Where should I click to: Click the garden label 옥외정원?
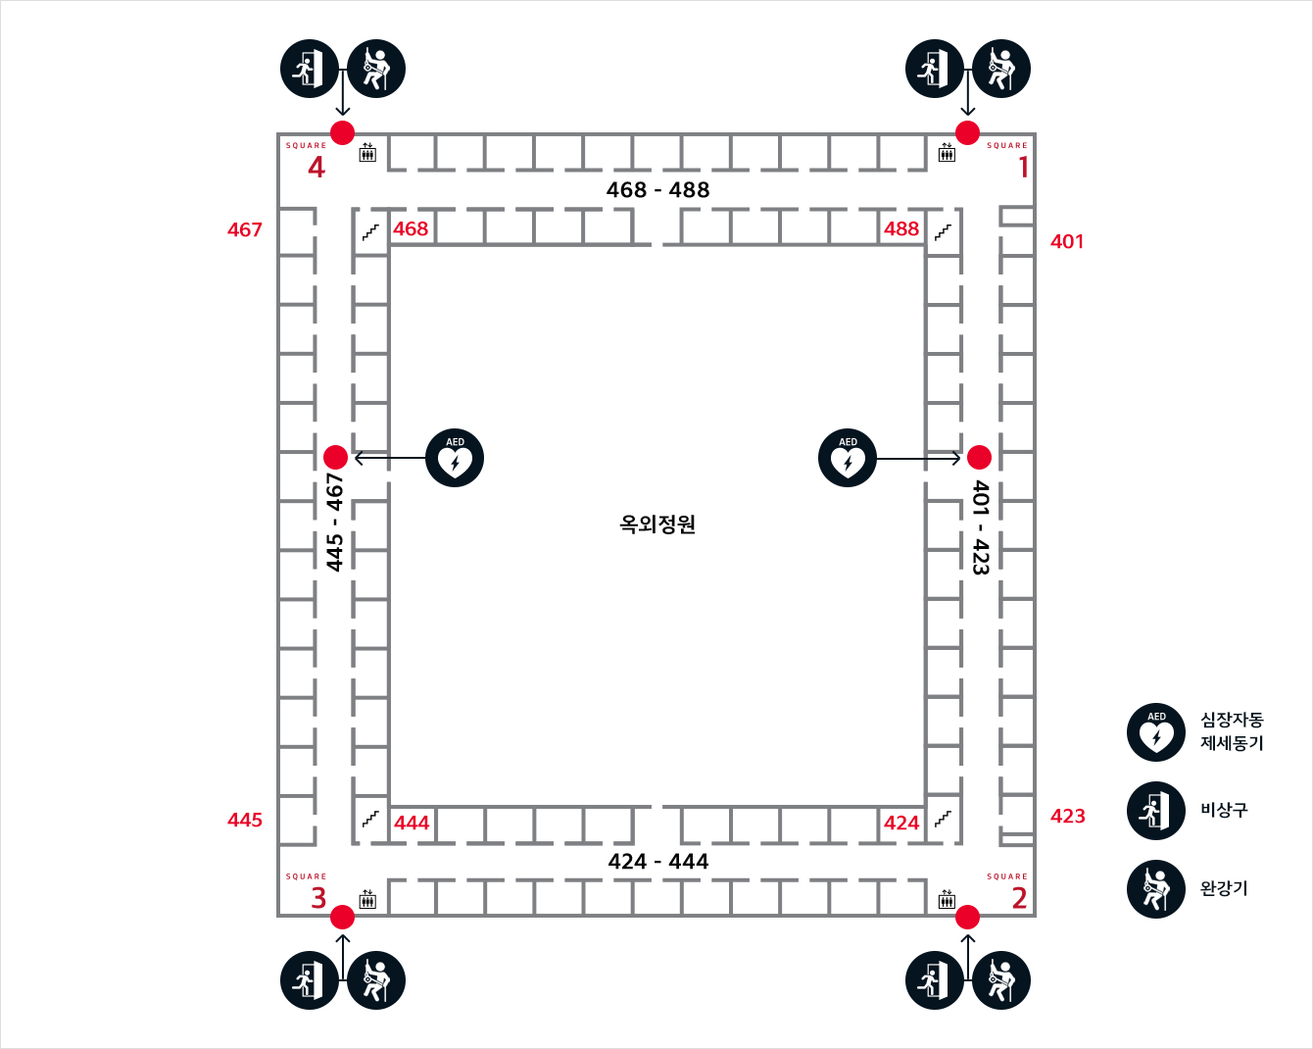pos(657,524)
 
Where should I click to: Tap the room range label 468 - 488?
pos(657,190)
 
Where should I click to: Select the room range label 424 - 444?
pos(657,862)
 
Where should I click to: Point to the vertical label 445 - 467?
pos(335,523)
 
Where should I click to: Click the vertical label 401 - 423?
pos(981,526)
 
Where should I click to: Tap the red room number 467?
pos(245,229)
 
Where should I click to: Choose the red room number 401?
pos(1067,241)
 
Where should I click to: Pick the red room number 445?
pos(245,820)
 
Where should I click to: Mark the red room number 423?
pos(1067,816)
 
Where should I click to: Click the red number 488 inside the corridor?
pos(901,228)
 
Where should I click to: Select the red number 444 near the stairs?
pos(412,823)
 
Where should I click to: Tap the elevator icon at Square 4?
pos(367,152)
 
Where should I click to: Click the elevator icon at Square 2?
pos(947,898)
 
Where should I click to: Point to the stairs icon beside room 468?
pos(370,232)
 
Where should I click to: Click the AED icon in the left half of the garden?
pos(455,458)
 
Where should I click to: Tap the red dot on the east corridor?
pos(979,457)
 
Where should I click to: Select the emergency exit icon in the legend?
pos(1156,811)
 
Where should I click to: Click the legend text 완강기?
pos(1224,889)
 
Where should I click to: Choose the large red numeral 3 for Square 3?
pos(318,898)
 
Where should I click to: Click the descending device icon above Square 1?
pos(1001,69)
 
